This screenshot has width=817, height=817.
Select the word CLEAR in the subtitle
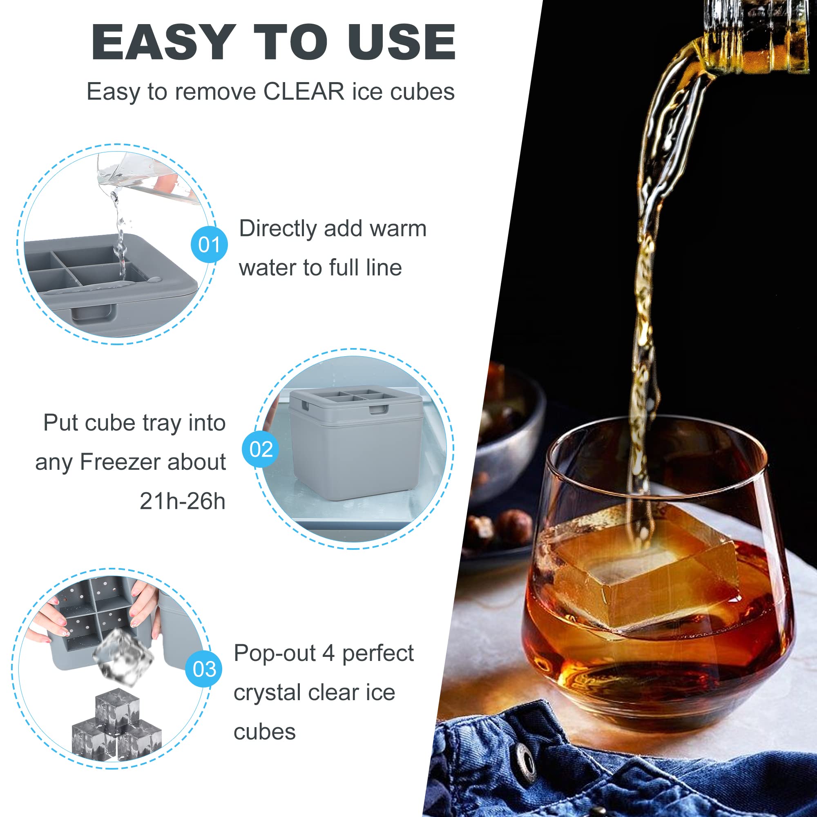pos(304,92)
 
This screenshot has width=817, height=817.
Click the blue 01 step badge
pos(209,244)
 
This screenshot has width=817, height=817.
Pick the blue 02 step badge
pos(261,449)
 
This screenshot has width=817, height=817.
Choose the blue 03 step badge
pos(204,669)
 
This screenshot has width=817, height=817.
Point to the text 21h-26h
pos(182,502)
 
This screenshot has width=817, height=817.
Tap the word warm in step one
pos(398,229)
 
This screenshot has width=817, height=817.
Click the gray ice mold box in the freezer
pos(355,444)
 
